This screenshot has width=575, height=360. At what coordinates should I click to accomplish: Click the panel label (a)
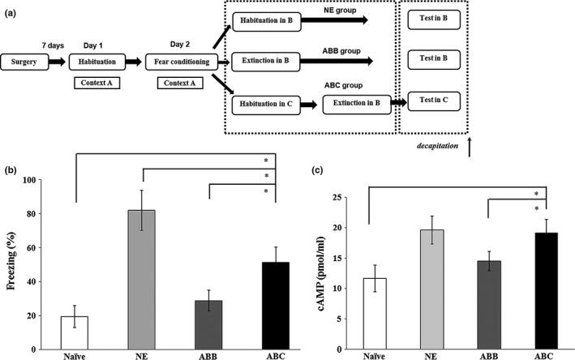11,9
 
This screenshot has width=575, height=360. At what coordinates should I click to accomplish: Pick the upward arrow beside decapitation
469,147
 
